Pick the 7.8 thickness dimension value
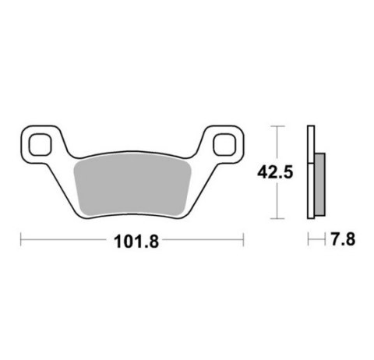tap(343, 241)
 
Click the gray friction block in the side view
tap(319, 185)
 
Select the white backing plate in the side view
tap(310, 171)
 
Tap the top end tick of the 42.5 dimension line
tap(278, 125)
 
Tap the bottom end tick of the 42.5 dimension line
tap(278, 218)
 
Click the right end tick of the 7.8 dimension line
tap(323, 241)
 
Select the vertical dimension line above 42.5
tap(278, 144)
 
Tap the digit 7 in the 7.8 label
tap(333, 241)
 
